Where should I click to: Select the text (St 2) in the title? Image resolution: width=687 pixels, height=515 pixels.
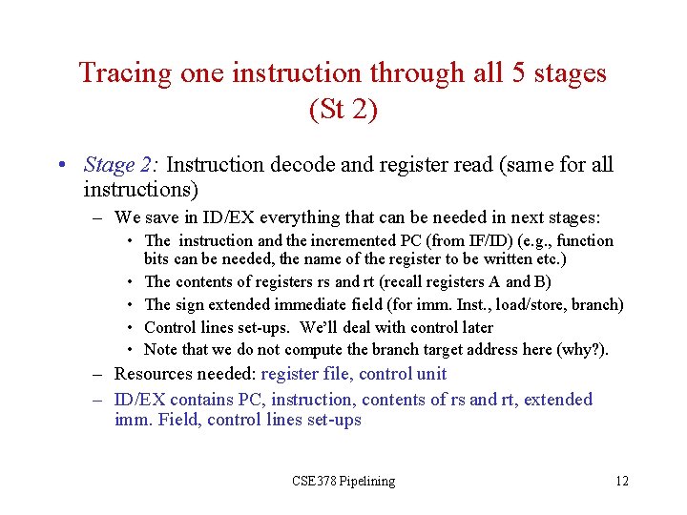coord(343,110)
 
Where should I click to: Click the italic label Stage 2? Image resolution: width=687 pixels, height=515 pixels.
coord(121,165)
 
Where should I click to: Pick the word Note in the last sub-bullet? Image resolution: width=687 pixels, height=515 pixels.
coord(161,350)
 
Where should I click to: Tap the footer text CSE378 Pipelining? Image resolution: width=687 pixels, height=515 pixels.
coord(343,481)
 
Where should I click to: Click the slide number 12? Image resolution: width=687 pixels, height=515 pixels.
coord(621,481)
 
